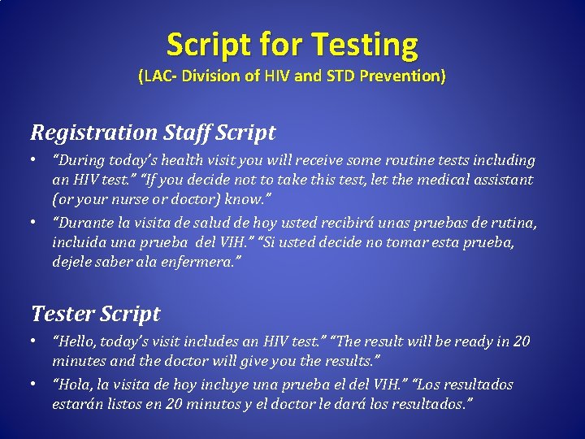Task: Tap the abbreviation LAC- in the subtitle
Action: [x=157, y=77]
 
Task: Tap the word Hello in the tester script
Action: [x=76, y=341]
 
